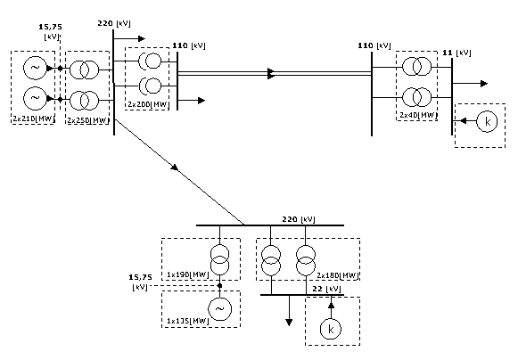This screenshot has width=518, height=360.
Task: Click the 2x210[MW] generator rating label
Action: pos(33,119)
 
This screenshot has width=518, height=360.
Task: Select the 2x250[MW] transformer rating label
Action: pos(88,120)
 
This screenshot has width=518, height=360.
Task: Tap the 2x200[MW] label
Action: pos(148,104)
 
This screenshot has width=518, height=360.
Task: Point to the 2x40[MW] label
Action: pos(418,115)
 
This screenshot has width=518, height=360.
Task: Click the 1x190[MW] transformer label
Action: pos(187,274)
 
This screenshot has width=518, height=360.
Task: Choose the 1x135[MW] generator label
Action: pos(187,321)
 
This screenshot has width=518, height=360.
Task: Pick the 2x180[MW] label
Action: pos(338,275)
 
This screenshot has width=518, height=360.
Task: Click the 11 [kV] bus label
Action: pos(456,53)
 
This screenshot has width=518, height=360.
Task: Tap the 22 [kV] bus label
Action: pos(326,289)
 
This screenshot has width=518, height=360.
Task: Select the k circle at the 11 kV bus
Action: pos(487,121)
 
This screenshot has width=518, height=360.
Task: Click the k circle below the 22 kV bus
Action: pos(331,329)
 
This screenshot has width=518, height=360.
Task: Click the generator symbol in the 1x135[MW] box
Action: pos(219,309)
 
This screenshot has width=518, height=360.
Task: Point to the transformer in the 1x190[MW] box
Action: pos(219,259)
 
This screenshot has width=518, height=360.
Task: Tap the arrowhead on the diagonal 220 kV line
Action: pos(175,168)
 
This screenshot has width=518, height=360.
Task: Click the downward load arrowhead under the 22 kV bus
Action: pos(289,323)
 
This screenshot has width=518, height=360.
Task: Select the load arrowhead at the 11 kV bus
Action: pos(484,84)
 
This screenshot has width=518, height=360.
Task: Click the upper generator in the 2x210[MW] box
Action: pos(35,68)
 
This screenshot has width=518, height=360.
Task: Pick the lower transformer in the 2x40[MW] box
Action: pos(417,97)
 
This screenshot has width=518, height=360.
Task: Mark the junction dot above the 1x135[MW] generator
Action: pos(219,285)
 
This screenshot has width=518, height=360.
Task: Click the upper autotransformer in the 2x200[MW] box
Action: pos(150,61)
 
